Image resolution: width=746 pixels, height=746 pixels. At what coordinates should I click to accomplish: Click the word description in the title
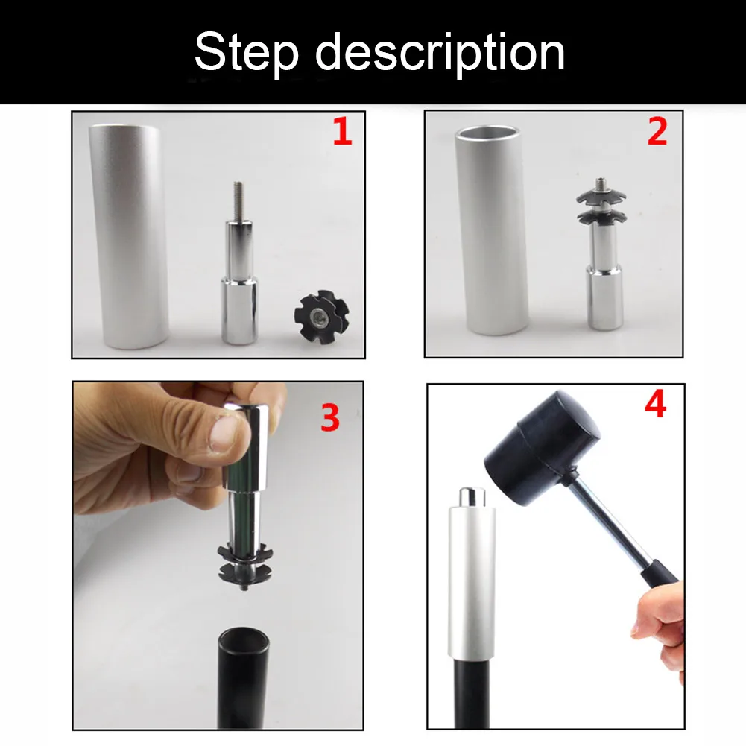point(440,53)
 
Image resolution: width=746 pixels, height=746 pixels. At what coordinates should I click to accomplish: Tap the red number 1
point(342,132)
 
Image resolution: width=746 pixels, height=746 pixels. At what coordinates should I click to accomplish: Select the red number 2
point(657,131)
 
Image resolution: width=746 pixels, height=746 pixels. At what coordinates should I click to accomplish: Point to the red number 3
point(329,418)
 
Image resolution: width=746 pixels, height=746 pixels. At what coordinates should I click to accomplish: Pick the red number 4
point(655,405)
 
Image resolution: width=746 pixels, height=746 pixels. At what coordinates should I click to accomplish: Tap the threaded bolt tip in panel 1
point(238,200)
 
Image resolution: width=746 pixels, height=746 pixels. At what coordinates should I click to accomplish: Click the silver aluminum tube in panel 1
point(128,236)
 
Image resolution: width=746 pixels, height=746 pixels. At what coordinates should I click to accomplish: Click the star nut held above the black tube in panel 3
point(245,566)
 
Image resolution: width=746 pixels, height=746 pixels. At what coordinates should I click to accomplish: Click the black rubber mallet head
point(543,448)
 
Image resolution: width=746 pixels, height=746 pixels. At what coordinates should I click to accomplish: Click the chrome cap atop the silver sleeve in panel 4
point(472,498)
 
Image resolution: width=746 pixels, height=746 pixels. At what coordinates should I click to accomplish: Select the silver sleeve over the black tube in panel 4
point(472,584)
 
